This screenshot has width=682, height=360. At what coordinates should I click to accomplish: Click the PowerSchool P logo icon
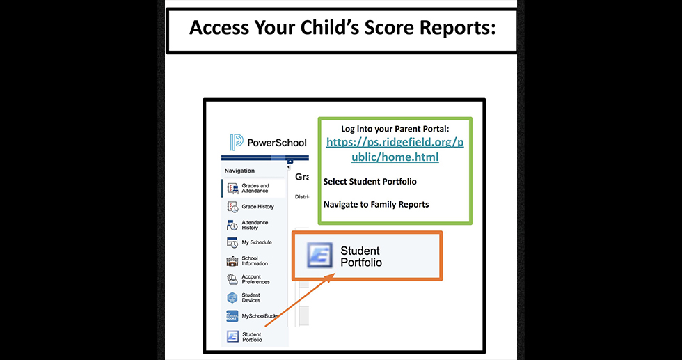236,143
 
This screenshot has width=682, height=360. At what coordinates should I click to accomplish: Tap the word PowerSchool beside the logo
276,143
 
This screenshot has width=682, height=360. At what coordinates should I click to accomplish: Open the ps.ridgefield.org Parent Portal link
395,150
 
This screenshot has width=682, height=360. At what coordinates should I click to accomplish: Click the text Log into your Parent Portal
395,129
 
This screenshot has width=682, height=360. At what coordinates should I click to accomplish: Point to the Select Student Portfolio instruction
370,182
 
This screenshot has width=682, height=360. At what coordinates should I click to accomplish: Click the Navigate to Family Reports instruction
376,205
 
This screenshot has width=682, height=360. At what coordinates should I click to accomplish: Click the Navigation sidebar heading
239,171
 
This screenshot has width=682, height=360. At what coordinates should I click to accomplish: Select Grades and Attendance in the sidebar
255,189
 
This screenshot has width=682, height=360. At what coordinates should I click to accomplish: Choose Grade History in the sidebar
257,207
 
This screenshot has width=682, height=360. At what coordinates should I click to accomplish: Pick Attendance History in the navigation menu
254,225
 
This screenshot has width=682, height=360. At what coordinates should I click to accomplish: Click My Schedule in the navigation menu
256,243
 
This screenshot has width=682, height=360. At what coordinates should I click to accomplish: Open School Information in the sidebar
254,261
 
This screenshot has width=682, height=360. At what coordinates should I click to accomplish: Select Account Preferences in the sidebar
255,279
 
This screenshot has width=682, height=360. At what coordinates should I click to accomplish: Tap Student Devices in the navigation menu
251,297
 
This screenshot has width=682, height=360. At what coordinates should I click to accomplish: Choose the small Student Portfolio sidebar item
251,337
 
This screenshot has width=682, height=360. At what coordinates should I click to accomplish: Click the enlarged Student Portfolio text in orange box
360,256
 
